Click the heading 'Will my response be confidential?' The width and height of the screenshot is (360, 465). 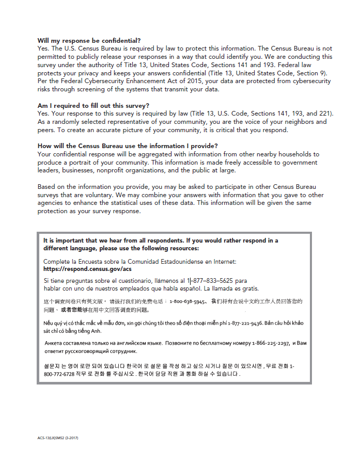click(89, 40)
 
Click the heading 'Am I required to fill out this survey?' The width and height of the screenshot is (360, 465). click(93, 106)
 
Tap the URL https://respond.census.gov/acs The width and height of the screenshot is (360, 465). click(87, 269)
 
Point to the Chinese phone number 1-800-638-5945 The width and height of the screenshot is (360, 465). click(188, 301)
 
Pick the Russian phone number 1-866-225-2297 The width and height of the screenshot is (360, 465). click(271, 343)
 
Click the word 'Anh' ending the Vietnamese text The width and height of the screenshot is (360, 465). click(96, 331)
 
